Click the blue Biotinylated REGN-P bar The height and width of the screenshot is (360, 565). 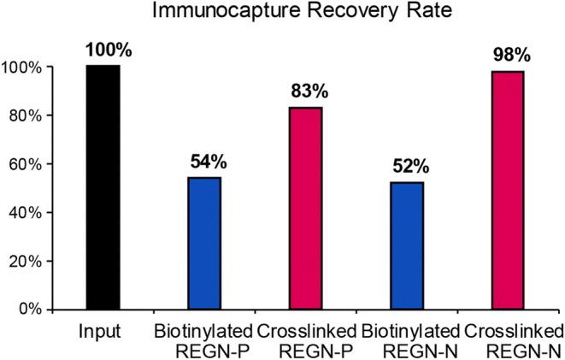coord(204,243)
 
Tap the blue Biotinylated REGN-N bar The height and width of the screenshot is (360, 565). coord(407,245)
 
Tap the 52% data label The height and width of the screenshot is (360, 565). coord(407,168)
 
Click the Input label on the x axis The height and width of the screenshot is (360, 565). coord(103,331)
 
